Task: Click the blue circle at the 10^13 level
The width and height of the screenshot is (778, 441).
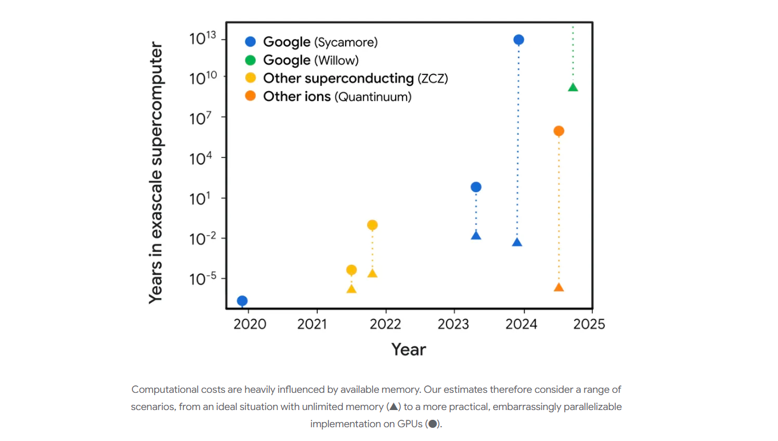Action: point(518,40)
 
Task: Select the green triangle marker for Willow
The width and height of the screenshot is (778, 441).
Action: point(573,87)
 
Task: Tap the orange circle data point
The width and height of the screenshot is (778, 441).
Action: point(558,131)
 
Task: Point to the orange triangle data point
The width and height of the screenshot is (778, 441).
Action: point(559,287)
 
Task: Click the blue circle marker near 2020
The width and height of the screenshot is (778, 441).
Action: point(242,300)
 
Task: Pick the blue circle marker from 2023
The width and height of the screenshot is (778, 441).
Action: point(476,187)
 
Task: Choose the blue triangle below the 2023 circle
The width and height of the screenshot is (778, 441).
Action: point(476,236)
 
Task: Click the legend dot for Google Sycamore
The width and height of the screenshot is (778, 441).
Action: point(251,42)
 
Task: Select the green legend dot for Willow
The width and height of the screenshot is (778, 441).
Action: point(251,60)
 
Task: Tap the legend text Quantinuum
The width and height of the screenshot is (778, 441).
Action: point(374,97)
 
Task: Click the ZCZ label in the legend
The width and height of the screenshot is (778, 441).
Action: point(433,79)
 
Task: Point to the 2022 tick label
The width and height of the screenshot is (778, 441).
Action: point(385,324)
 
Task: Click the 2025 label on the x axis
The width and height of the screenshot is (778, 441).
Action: point(589,324)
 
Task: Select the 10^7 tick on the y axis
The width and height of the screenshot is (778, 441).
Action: point(200,118)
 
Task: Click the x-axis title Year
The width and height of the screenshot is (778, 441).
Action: point(408,349)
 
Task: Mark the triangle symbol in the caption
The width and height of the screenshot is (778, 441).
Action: point(393,407)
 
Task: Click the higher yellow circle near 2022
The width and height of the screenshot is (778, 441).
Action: point(372,225)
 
